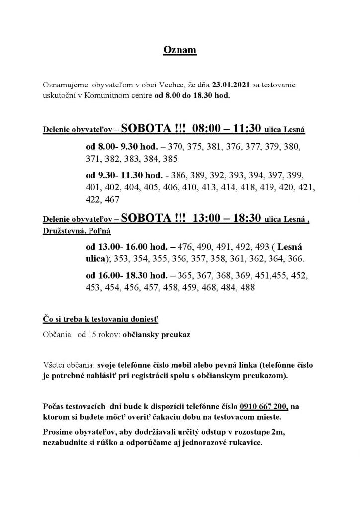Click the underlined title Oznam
point(180,51)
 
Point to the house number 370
point(176,148)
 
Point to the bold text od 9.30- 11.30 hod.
point(124,175)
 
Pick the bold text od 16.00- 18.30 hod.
point(126,276)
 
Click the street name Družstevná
point(63,231)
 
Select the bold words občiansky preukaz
point(162,335)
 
